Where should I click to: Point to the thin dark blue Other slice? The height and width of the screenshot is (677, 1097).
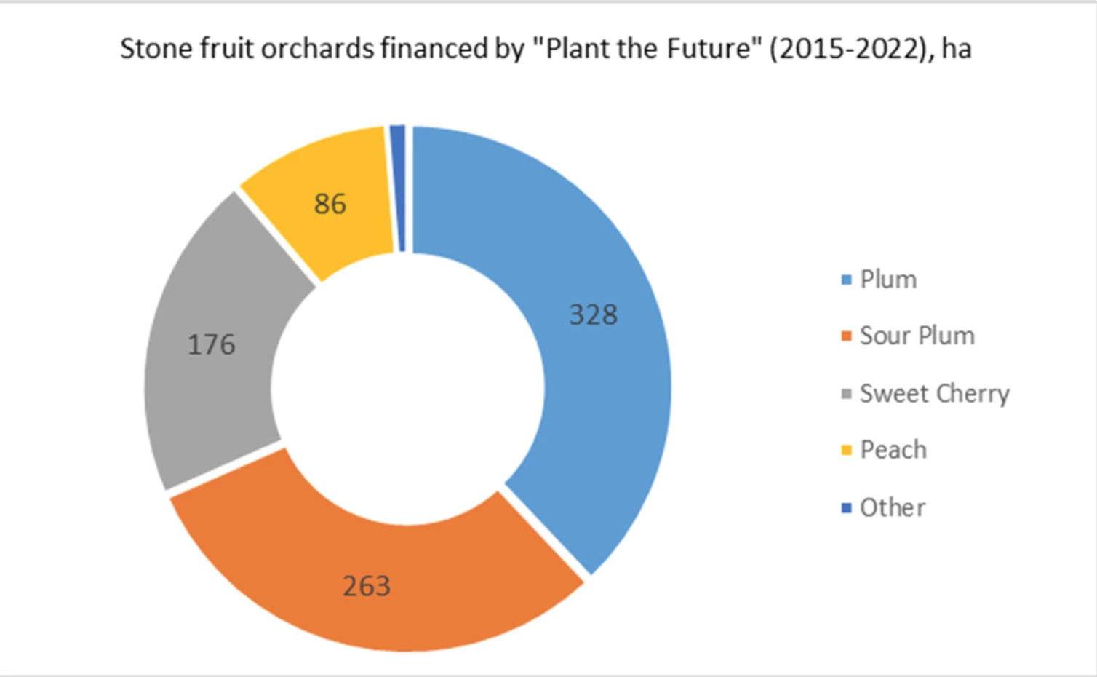[399, 189]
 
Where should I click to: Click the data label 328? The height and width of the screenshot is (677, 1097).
[594, 314]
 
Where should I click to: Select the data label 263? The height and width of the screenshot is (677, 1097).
[367, 586]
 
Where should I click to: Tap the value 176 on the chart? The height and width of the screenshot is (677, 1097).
[212, 344]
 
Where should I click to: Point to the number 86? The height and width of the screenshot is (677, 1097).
[330, 203]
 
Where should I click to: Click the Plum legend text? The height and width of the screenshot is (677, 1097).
[888, 280]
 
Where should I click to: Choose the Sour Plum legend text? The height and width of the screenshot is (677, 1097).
[917, 336]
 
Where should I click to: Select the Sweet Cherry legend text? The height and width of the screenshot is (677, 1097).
[935, 394]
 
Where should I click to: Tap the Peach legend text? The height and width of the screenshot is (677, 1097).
[893, 450]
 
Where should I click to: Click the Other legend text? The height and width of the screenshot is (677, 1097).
[893, 507]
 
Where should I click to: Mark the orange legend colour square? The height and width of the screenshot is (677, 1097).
[846, 336]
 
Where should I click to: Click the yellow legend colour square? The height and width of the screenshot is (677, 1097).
[846, 450]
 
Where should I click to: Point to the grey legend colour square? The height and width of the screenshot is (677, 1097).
[846, 394]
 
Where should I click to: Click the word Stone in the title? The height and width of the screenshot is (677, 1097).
[156, 49]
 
